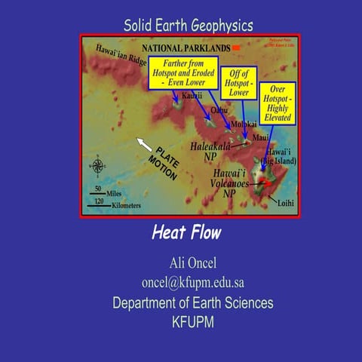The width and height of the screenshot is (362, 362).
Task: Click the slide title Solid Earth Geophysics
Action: (188, 26)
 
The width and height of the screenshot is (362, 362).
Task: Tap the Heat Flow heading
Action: (186, 232)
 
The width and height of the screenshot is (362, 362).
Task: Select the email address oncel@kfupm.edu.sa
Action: (192, 283)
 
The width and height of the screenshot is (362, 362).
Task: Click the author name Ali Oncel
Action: (192, 262)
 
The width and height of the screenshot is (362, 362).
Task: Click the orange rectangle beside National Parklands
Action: (236, 47)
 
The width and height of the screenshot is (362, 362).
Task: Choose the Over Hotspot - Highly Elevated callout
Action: (277, 103)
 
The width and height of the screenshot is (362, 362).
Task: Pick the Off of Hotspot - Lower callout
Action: (239, 83)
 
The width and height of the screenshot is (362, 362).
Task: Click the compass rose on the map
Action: (97, 165)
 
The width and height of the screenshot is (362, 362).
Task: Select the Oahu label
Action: (219, 110)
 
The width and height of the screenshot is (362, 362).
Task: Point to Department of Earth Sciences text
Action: (192, 303)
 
